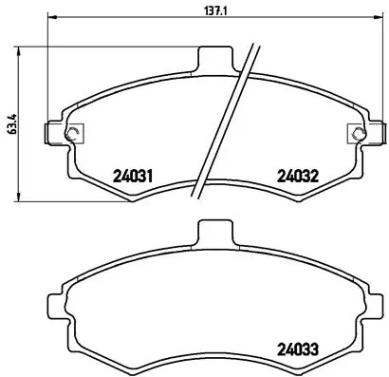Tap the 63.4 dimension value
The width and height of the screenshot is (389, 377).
pos(9,123)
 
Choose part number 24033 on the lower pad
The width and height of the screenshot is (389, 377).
pos(296,348)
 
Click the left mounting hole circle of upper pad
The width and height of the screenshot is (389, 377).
pos(74,132)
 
